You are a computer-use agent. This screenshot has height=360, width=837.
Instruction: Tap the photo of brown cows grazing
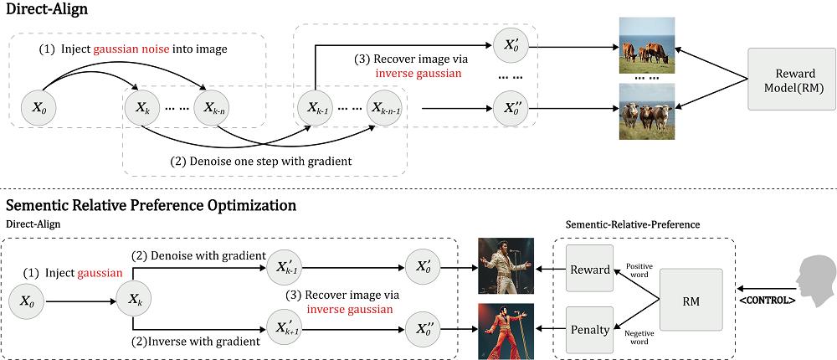pyautogui.click(x=646, y=47)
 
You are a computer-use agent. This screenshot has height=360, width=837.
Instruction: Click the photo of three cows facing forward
pyautogui.click(x=646, y=111)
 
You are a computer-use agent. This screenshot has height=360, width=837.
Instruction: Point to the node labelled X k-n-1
pyautogui.click(x=383, y=107)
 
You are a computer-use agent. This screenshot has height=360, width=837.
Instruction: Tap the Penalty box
pyautogui.click(x=590, y=330)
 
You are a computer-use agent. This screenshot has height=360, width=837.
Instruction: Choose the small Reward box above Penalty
pyautogui.click(x=590, y=269)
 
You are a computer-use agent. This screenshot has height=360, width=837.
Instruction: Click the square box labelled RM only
pyautogui.click(x=691, y=300)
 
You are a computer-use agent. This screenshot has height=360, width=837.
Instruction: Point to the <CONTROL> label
pyautogui.click(x=767, y=301)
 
